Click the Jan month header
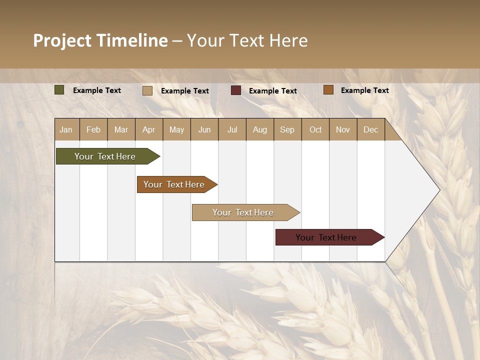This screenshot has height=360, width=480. pos(66,129)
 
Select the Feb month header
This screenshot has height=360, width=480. pos(93,129)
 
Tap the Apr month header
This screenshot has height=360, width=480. pos(148,129)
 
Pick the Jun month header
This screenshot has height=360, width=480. pos(204,129)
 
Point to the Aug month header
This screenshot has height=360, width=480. pos(259,129)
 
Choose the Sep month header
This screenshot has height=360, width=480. pos(287,129)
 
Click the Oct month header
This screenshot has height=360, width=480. pos(315,129)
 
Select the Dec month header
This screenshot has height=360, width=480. pos(370,129)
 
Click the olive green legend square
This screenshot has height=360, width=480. pos(59,90)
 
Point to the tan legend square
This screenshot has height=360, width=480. pos(147,90)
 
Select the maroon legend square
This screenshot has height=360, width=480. pos(236,90)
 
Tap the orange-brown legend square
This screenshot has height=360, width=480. pos(328,90)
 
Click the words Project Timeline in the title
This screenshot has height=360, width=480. pos(100,40)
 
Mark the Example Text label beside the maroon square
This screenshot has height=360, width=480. pos(272,91)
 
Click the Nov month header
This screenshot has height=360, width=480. pos(343,129)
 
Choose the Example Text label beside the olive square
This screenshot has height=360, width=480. pos(96,90)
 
